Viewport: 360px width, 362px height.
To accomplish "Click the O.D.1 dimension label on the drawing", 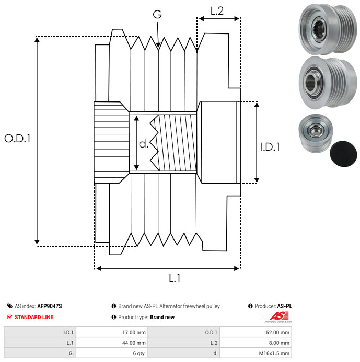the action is coord(18,138).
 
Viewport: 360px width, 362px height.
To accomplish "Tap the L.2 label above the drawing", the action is coord(217,11).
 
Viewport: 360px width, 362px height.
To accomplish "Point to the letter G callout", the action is coord(157,14).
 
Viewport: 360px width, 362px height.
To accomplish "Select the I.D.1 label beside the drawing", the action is coord(270,147).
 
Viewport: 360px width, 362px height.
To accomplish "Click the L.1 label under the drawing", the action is coord(175,278).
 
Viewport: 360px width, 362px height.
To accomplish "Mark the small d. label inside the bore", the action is coord(144,144).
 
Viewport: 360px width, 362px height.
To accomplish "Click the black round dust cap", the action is coord(343,154).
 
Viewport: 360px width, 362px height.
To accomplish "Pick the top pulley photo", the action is coord(328,29).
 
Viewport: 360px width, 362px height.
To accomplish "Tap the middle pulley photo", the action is coord(328,83).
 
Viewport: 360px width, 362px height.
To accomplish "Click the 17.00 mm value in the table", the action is coord(134,333).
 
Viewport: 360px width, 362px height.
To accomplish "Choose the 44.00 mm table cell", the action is coord(134,343).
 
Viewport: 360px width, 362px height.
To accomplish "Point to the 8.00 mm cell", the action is coord(279,343).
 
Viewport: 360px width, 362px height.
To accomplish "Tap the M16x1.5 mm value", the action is coord(274,353).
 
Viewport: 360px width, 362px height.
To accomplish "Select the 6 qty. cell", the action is coord(139,353).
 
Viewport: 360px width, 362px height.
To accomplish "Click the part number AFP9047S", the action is coord(50,306).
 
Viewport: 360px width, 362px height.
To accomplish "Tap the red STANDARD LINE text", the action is coord(34,317).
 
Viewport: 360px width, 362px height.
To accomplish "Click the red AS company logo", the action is coord(279,316).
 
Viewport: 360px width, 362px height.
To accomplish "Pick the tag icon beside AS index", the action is coord(10,306).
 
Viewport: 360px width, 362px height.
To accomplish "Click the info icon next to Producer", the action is coord(250,306).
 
